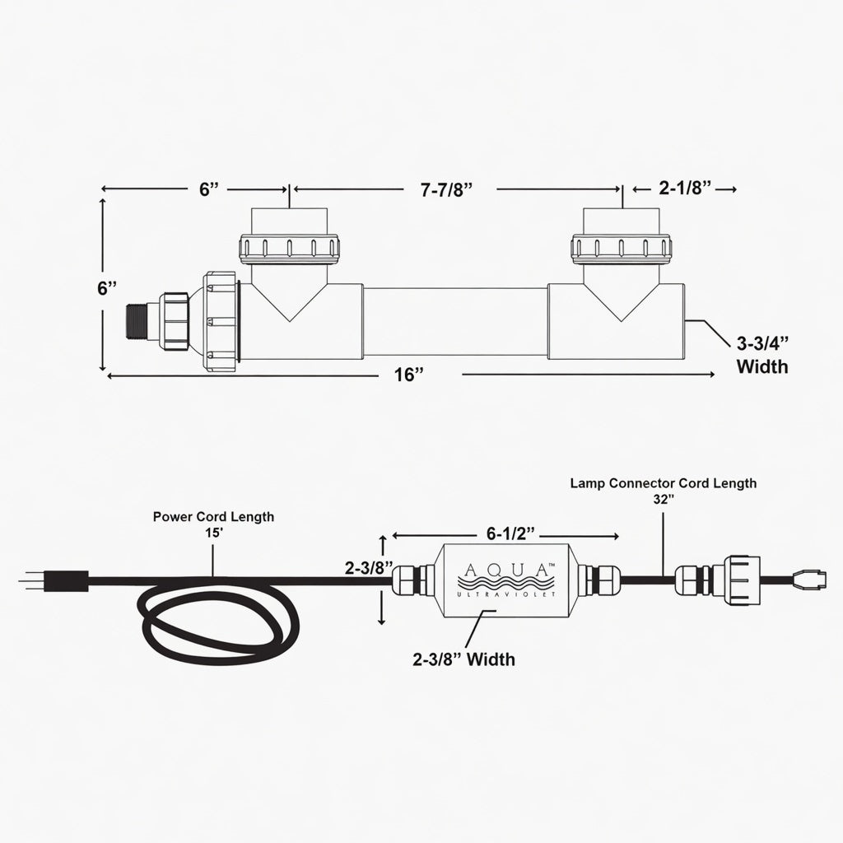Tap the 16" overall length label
tap(409, 375)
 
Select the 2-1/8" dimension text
tap(685, 189)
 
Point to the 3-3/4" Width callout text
tap(762, 355)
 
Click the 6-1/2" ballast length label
tap(510, 533)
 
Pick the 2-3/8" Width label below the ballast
tap(463, 659)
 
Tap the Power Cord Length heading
tap(213, 517)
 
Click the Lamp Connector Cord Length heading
tap(664, 483)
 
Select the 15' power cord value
tap(213, 533)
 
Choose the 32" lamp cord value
tap(664, 499)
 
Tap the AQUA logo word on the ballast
tap(506, 570)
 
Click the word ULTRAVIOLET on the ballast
tap(506, 594)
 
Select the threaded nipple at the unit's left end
tap(137, 322)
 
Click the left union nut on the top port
tap(289, 249)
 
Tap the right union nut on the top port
tap(622, 249)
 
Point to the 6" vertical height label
tap(106, 288)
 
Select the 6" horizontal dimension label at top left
tap(209, 189)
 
